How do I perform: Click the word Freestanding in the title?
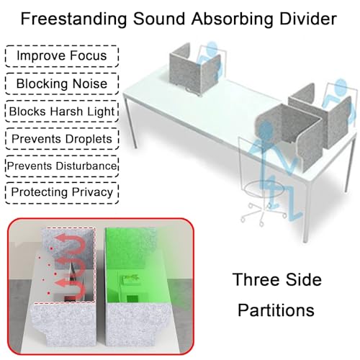73,19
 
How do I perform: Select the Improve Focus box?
62,56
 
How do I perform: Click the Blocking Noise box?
62,84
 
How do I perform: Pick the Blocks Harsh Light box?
62,112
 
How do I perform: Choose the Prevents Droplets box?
62,139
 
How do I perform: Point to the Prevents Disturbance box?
62,166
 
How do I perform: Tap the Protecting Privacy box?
62,193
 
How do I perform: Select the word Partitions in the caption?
276,310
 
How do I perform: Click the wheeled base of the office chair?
264,214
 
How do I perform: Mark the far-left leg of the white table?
130,121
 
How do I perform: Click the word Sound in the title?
159,19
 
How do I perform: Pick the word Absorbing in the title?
232,19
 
